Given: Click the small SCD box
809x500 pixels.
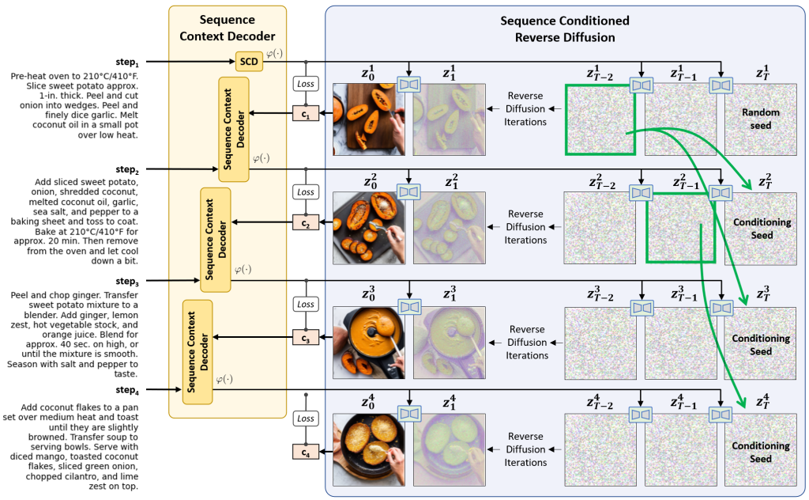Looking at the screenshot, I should (248, 61).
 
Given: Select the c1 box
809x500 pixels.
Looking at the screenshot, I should (305, 113).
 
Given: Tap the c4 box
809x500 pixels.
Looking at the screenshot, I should (305, 453).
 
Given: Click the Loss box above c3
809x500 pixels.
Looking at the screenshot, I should (305, 305).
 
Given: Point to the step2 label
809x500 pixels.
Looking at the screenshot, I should (126, 169).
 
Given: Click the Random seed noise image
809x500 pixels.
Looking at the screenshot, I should (761, 119).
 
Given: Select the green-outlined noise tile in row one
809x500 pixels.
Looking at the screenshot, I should (600, 119).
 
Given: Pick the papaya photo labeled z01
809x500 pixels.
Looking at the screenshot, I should (369, 119).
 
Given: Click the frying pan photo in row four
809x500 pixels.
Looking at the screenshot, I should (369, 449).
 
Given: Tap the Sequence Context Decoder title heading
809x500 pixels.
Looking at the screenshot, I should (227, 27).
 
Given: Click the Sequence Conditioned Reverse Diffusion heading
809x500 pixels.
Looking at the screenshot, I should (565, 27).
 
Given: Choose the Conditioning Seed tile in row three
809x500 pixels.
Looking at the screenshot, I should (761, 343).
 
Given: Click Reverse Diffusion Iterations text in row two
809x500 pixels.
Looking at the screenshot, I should (526, 226).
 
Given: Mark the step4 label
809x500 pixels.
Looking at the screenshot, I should (126, 389).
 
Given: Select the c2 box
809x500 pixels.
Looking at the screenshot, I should (305, 222).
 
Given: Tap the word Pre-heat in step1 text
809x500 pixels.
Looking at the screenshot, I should (26, 76).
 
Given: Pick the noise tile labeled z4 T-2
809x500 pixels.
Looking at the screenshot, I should (600, 449).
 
